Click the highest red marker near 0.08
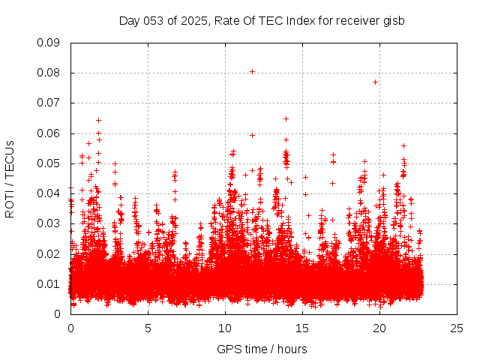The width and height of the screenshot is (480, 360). tap(252, 72)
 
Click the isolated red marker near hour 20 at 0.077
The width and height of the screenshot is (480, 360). tap(375, 82)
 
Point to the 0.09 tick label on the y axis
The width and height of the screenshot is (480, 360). tap(49, 43)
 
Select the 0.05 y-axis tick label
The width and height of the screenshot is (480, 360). tap(49, 163)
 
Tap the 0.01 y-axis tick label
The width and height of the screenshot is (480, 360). tap(49, 284)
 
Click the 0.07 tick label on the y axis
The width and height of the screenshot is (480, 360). tap(49, 103)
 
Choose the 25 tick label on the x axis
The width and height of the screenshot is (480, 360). tap(457, 328)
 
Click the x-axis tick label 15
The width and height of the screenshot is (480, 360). tap(302, 328)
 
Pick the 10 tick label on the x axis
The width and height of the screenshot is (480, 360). tap(225, 328)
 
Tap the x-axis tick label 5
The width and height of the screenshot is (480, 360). tap(148, 328)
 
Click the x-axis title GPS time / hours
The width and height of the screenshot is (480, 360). tap(262, 349)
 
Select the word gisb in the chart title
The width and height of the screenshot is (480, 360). tap(393, 20)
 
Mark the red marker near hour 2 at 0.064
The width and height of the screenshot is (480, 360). tap(98, 120)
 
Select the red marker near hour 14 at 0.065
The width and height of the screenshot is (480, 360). tap(286, 118)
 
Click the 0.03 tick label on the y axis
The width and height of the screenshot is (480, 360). tap(49, 223)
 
